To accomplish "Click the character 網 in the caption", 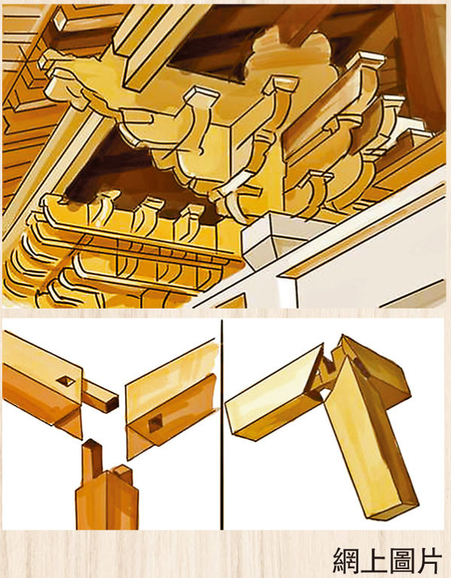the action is pyautogui.click(x=347, y=560).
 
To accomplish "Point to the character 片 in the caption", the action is pyautogui.click(x=429, y=560).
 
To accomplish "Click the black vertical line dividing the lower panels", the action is pyautogui.click(x=222, y=424).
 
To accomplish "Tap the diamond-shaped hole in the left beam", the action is pyautogui.click(x=66, y=381).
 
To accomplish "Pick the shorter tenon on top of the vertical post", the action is pyautogui.click(x=123, y=474).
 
